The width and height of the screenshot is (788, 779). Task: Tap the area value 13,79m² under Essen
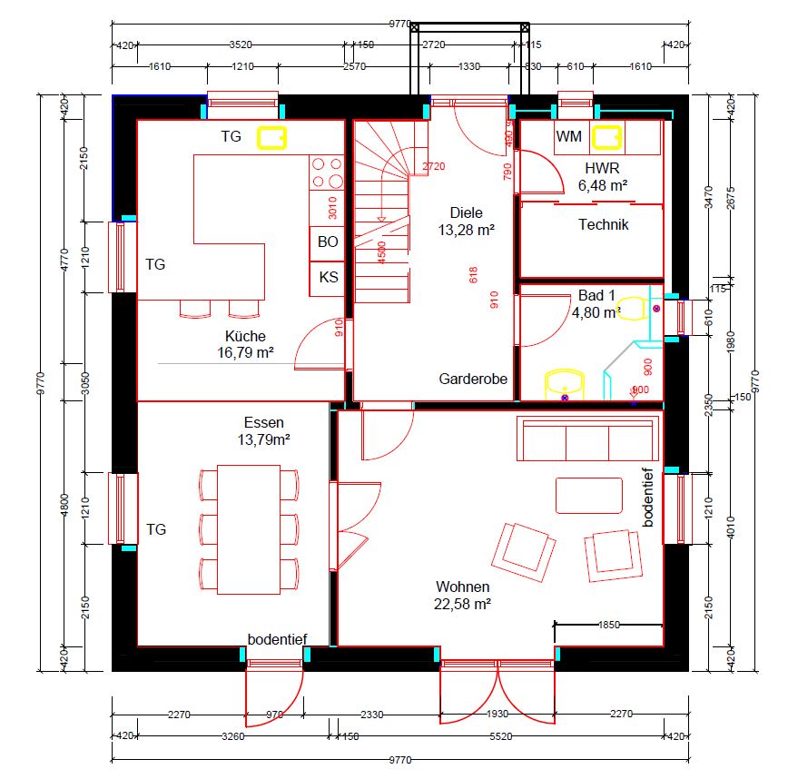[x=263, y=439]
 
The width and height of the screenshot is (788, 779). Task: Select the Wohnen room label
[x=462, y=587]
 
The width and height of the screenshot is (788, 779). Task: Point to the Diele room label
[x=466, y=212]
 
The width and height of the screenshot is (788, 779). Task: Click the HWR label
[x=603, y=168]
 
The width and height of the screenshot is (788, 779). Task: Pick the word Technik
[x=603, y=224]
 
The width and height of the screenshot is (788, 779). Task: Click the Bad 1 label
[x=596, y=296]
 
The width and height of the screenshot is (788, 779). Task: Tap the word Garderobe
[x=473, y=379]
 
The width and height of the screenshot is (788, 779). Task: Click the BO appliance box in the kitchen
[x=327, y=242]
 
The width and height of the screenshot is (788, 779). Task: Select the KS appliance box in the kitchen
[x=327, y=277]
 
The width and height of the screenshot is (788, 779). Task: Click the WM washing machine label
[x=569, y=137]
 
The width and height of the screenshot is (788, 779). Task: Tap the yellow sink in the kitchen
[x=271, y=137]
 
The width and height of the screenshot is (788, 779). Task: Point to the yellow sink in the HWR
[x=606, y=138]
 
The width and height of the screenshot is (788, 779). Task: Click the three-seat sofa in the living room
[x=587, y=439]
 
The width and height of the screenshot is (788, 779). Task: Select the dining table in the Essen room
[x=248, y=529]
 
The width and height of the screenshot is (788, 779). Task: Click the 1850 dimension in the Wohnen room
[x=608, y=625]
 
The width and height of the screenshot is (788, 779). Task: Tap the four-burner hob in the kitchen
[x=327, y=173]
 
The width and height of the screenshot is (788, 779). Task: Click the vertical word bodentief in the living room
[x=648, y=498]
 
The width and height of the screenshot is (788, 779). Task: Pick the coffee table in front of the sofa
[x=589, y=495]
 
